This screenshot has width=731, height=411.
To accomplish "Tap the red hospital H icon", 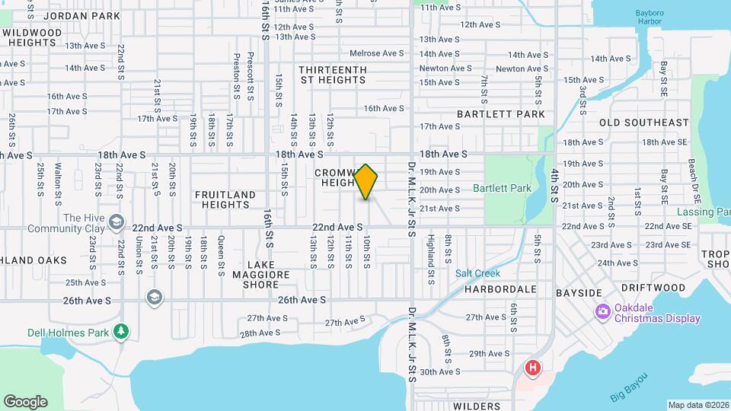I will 533,368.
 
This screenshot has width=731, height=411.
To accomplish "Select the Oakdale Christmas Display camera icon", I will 602,311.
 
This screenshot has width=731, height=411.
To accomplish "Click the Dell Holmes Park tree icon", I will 120,331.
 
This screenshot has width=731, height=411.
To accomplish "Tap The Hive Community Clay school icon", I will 116,221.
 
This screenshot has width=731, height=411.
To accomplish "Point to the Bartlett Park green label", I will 501,187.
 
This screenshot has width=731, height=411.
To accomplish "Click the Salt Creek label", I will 477,273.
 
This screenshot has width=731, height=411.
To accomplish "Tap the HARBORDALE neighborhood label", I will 496,289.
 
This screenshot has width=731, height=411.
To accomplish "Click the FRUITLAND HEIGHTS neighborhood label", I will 225,200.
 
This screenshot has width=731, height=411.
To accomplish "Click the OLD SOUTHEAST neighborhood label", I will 643,123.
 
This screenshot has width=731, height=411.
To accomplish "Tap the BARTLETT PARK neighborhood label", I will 501,114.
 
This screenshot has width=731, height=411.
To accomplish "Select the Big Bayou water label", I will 628,387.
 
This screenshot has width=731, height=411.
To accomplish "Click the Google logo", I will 25,401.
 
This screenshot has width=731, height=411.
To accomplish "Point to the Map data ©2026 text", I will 698,405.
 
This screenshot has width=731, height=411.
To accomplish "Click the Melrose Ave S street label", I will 376,53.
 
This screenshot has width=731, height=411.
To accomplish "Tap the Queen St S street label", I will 221,253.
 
